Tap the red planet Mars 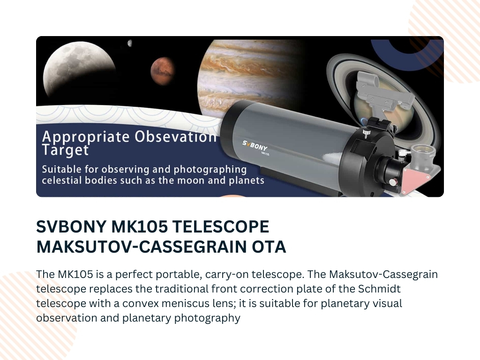(163, 71)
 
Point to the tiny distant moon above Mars (130, 43)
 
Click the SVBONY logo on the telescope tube (255, 146)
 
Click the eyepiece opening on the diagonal (423, 150)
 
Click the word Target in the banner (65, 150)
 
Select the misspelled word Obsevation (176, 136)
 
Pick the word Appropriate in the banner (86, 137)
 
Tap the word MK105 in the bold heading (139, 226)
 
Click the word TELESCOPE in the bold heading (221, 226)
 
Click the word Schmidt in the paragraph (379, 289)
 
